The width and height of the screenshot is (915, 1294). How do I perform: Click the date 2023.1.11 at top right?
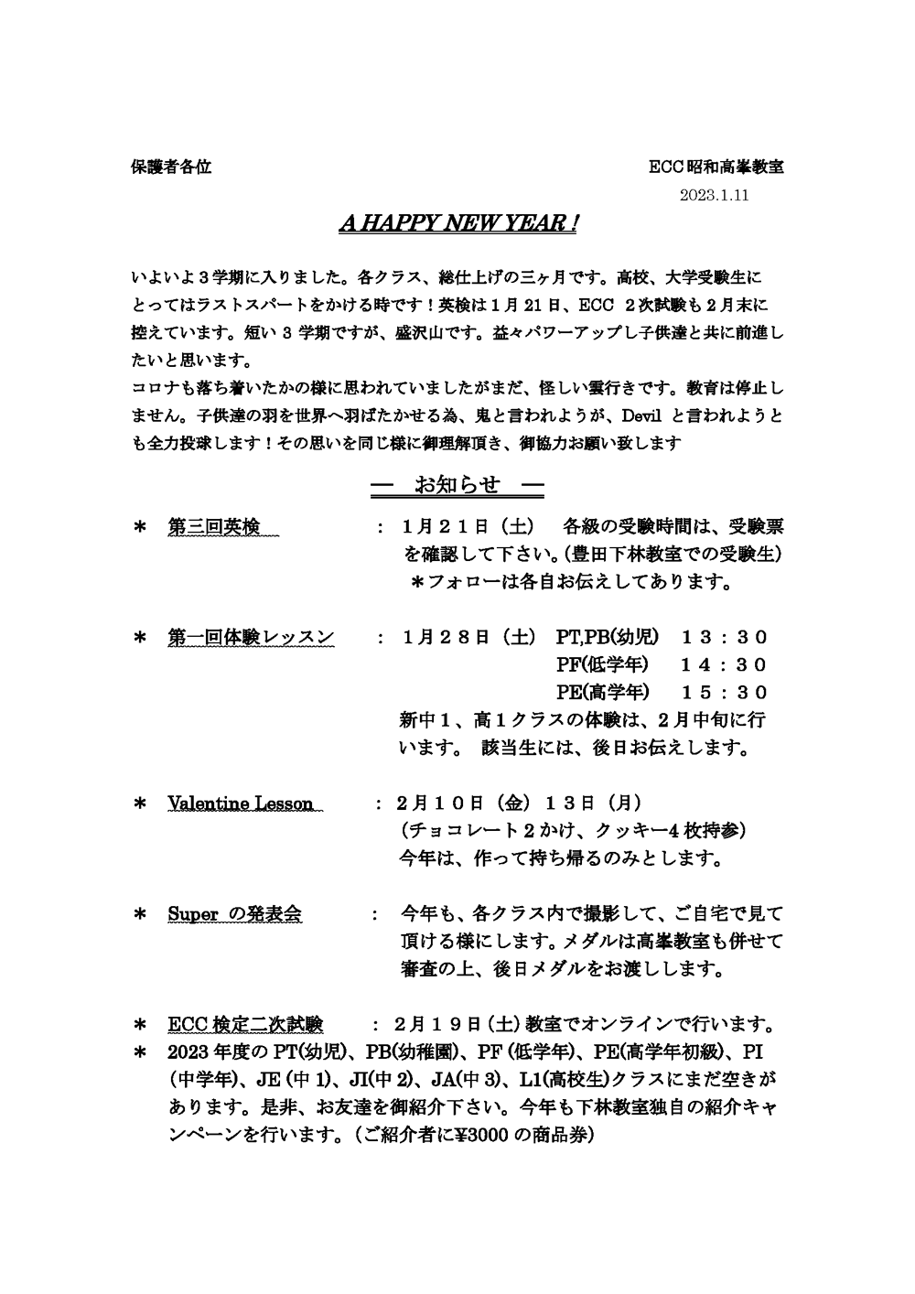[x=715, y=194]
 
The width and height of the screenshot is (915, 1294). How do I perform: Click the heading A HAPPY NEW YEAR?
[x=457, y=224]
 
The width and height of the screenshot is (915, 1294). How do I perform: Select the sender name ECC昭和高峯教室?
[x=716, y=167]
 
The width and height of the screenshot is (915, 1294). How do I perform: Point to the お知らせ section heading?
[x=457, y=485]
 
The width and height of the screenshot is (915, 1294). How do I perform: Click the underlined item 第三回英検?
[x=213, y=527]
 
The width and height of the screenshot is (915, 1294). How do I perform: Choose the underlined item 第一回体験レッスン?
[x=251, y=637]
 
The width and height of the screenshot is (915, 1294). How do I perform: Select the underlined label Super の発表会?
[x=235, y=913]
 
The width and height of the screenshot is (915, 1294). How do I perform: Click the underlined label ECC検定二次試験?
[x=245, y=1023]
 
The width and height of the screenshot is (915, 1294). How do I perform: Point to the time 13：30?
[x=724, y=637]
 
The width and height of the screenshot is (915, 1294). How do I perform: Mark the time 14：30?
[x=724, y=664]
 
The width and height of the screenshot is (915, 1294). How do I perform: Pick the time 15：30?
[x=724, y=692]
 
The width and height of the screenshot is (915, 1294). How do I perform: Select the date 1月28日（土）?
[x=467, y=637]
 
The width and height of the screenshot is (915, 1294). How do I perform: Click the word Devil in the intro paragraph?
[x=642, y=416]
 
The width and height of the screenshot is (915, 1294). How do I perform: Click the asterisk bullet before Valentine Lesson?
[x=140, y=804]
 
